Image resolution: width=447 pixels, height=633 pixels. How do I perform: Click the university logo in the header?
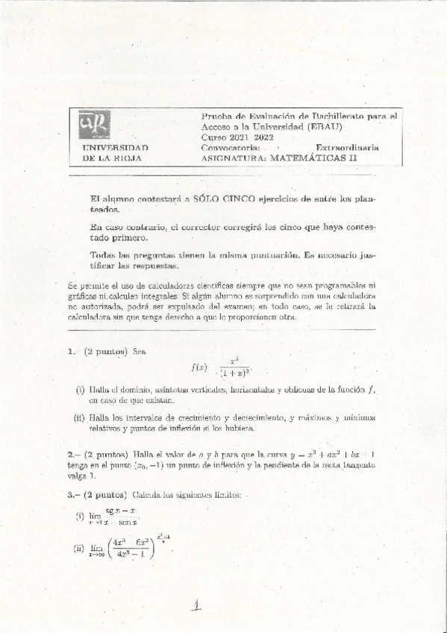pyautogui.click(x=95, y=125)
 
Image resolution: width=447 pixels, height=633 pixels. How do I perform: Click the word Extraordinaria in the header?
pyautogui.click(x=347, y=148)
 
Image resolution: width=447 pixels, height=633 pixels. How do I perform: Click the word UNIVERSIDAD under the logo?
pyautogui.click(x=115, y=148)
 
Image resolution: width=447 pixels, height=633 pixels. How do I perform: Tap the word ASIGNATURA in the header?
pyautogui.click(x=234, y=158)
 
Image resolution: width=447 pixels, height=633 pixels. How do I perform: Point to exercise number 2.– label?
pyautogui.click(x=73, y=454)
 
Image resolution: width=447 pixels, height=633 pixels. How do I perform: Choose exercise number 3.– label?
pyautogui.click(x=73, y=494)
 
